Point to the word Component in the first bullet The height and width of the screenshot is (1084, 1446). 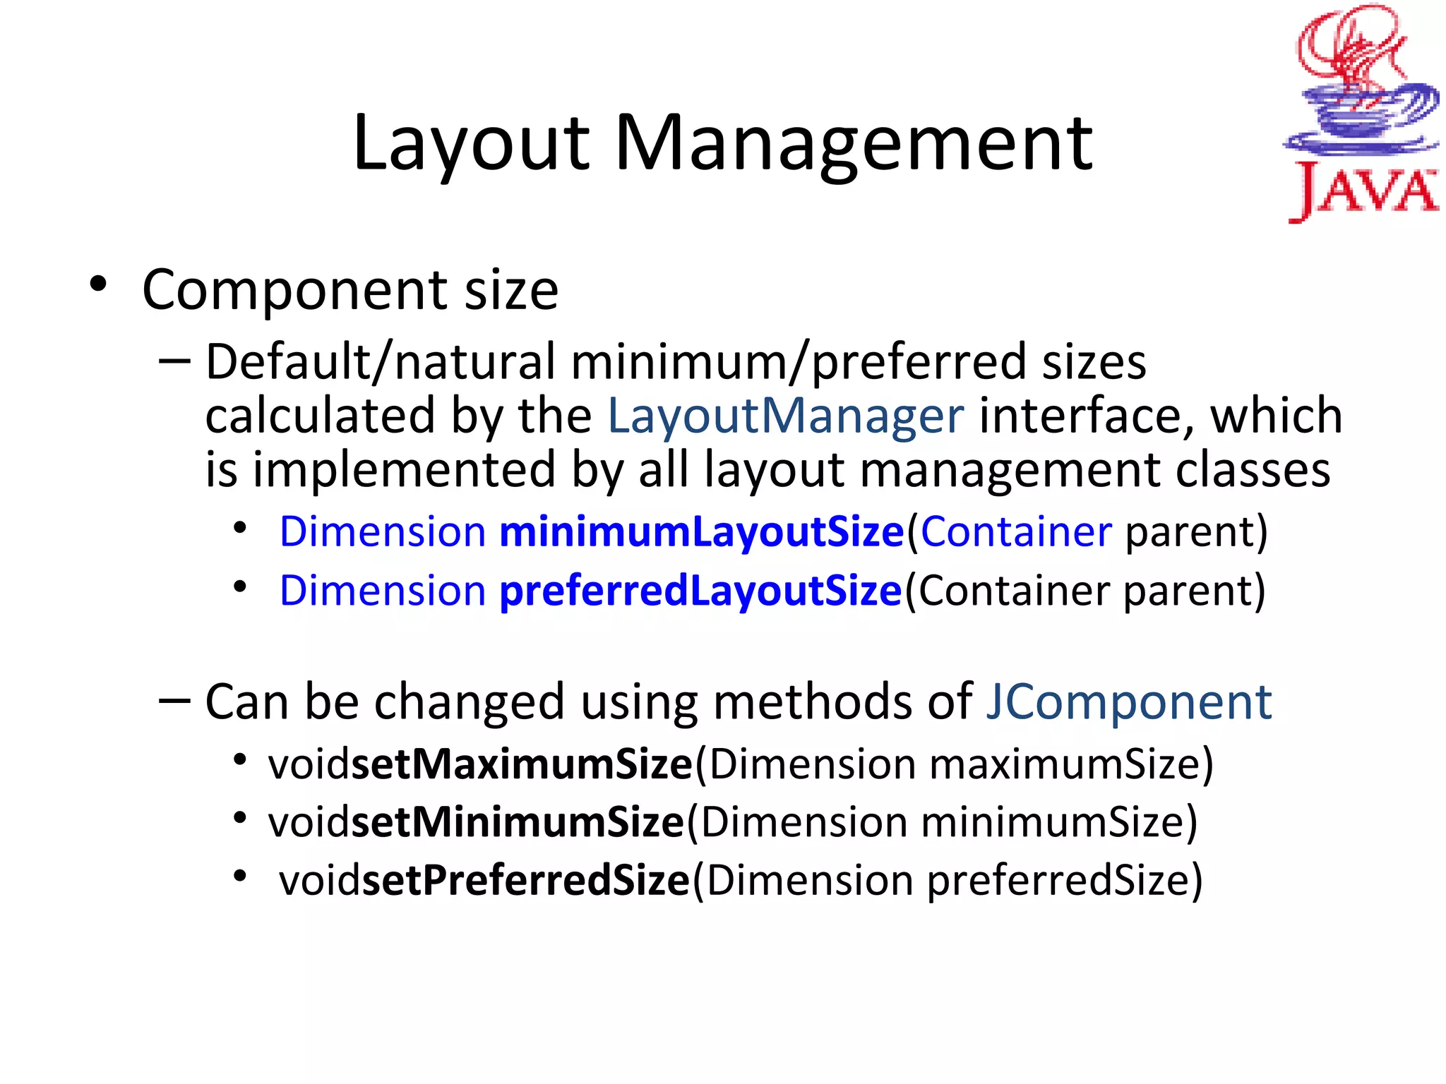point(294,290)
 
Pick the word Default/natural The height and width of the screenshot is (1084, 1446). point(381,361)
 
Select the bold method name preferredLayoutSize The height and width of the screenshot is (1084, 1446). point(700,590)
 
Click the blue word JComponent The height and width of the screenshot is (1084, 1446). point(1128,701)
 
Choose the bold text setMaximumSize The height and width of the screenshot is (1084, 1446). point(522,764)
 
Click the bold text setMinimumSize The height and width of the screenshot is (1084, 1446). point(518,822)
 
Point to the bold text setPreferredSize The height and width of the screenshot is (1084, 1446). point(525,880)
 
